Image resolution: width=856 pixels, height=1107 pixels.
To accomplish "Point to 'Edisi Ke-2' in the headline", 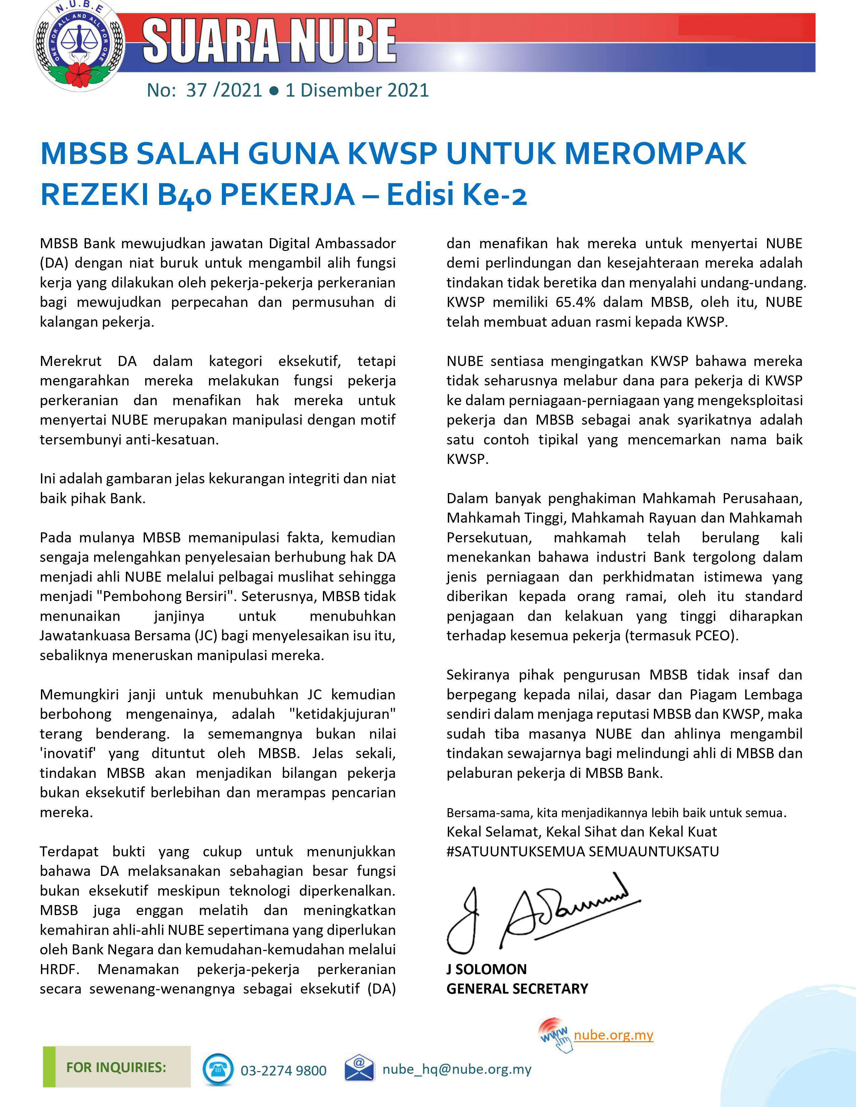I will (x=457, y=195).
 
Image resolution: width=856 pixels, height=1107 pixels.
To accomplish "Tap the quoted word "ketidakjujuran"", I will (x=342, y=714).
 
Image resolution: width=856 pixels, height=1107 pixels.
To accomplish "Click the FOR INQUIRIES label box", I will (x=116, y=1067).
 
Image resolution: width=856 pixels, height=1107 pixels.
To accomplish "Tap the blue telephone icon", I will (x=218, y=1069).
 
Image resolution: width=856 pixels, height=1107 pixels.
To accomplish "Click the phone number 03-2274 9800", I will (x=283, y=1070).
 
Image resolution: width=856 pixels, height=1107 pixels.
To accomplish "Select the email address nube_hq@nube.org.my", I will (x=457, y=1069).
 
